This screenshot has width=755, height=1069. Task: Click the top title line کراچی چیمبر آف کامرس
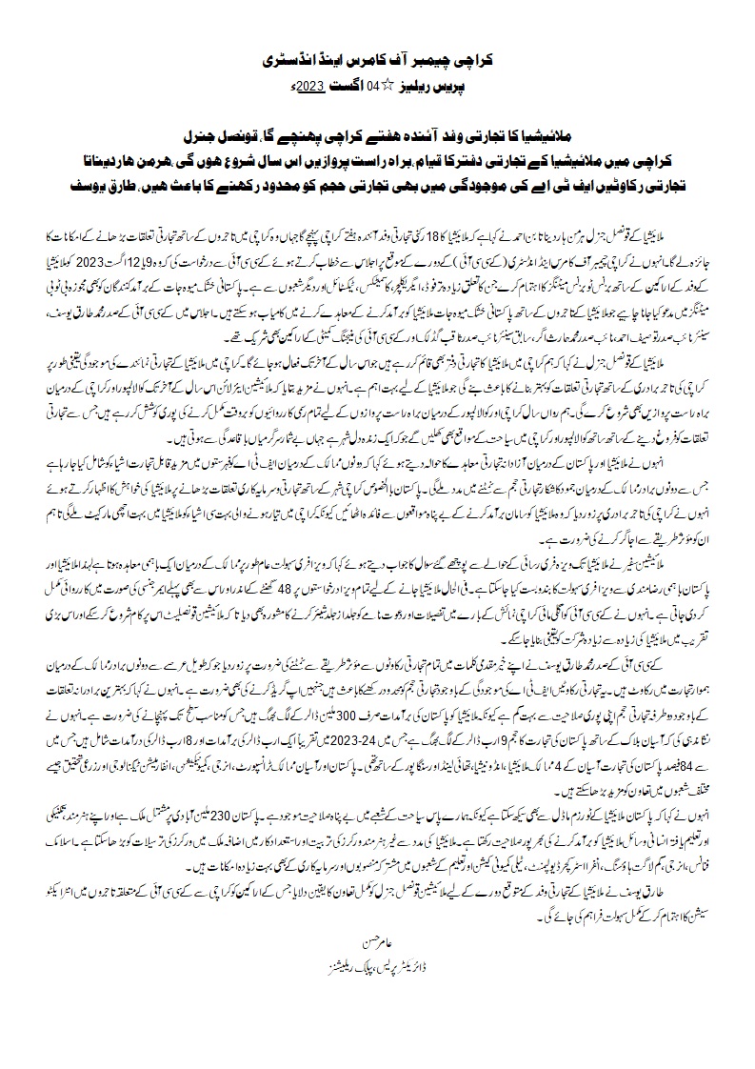tap(377, 59)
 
